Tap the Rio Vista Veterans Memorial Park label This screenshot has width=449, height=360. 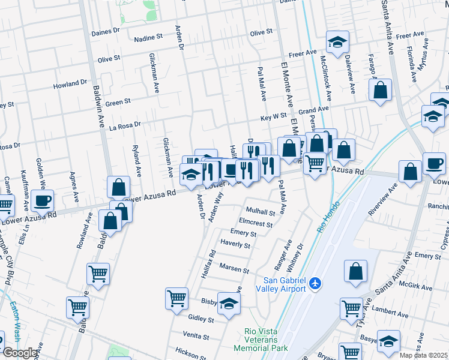(x=267, y=340)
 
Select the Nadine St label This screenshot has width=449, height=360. (x=148, y=37)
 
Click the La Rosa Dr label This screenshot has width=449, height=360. (x=124, y=127)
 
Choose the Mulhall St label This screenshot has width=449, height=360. (x=261, y=211)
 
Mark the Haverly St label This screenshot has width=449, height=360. (x=235, y=245)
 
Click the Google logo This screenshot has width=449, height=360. (x=20, y=352)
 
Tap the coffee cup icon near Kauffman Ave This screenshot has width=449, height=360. (x=42, y=200)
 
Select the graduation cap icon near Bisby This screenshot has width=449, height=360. (x=229, y=304)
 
